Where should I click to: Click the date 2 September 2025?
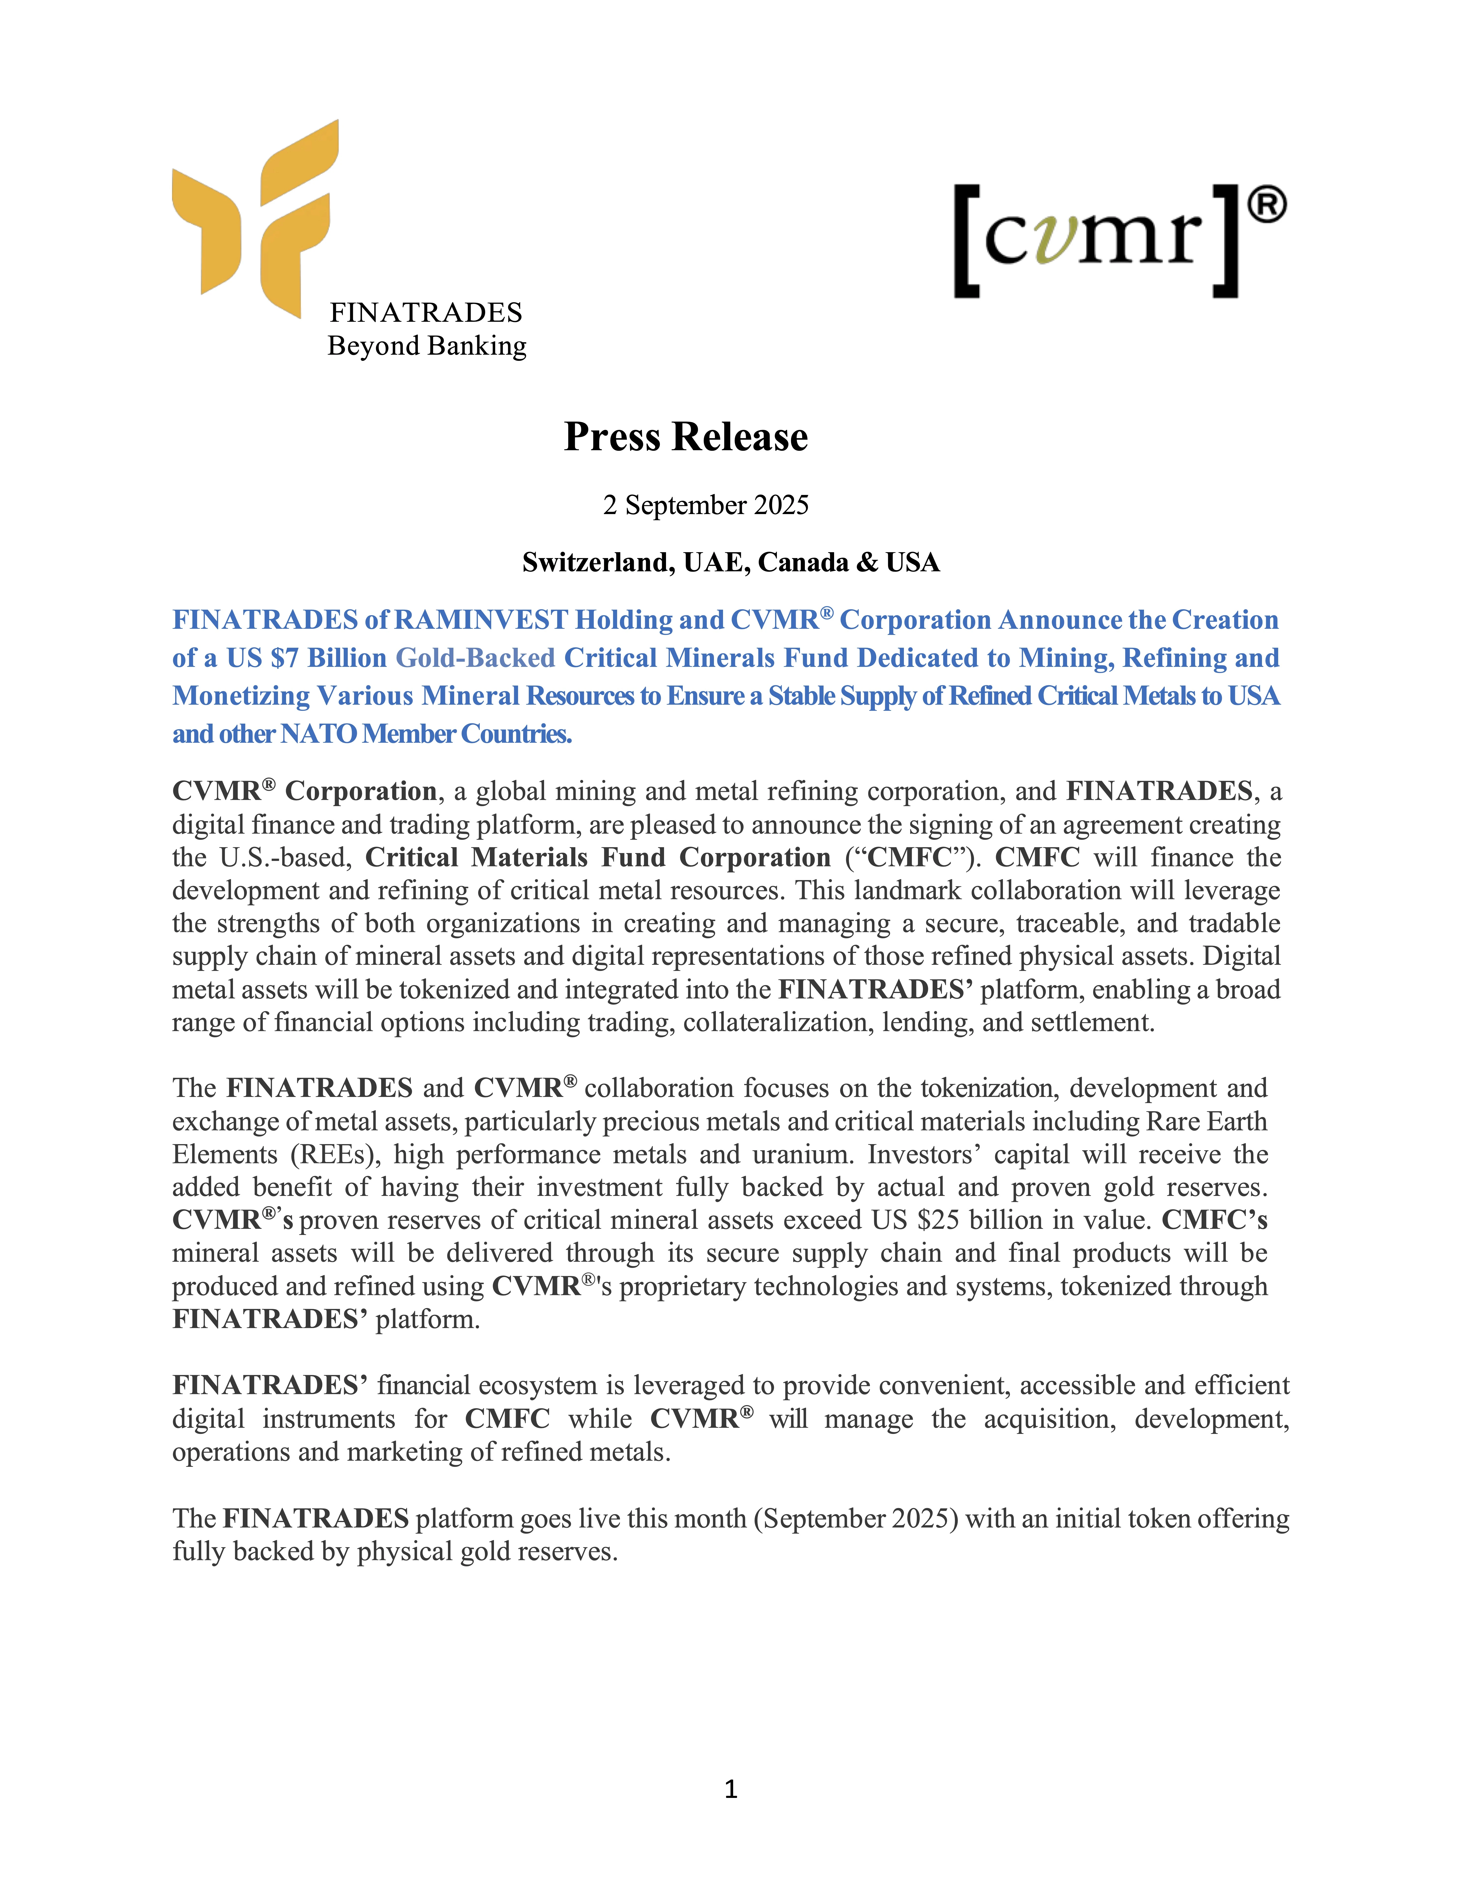pyautogui.click(x=706, y=505)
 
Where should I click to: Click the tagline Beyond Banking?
pyautogui.click(x=427, y=346)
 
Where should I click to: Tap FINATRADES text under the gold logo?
pyautogui.click(x=426, y=313)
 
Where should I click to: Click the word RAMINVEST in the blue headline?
pyautogui.click(x=481, y=620)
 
